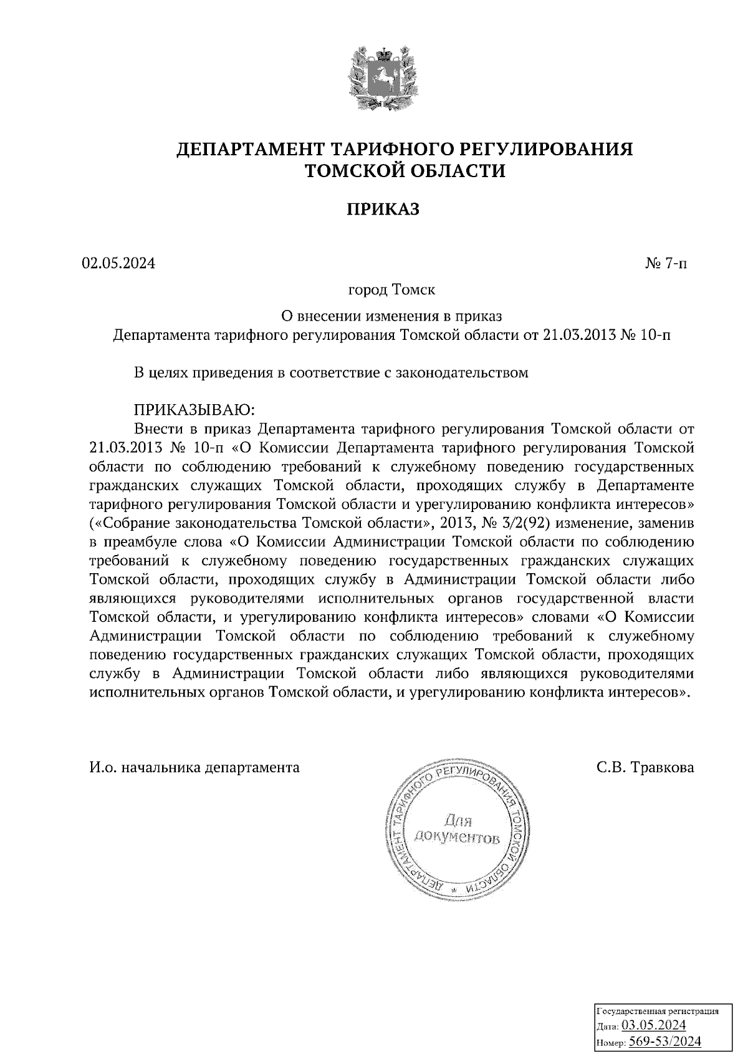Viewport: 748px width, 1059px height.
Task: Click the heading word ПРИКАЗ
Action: point(383,210)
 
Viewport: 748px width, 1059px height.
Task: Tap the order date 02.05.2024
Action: point(118,263)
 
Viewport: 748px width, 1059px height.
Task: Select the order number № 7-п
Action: point(666,263)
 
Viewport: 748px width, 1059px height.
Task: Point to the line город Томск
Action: point(391,290)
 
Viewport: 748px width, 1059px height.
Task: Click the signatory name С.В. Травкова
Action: point(645,767)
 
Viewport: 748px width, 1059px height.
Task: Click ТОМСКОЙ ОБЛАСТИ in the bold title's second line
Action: point(405,170)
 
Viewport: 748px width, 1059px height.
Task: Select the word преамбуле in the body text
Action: point(135,540)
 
